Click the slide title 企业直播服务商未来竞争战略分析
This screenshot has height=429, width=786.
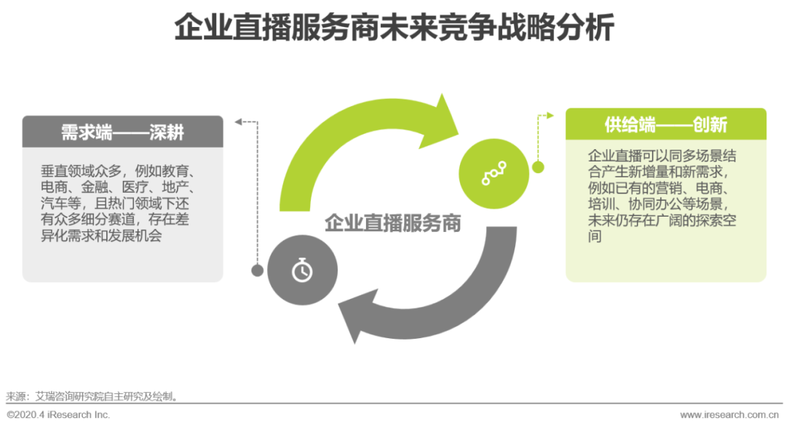tap(393, 29)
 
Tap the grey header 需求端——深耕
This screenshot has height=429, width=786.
tap(122, 132)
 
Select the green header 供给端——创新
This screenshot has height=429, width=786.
tap(665, 124)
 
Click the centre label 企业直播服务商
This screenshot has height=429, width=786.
tap(393, 223)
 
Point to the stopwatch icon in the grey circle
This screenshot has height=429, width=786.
tap(302, 270)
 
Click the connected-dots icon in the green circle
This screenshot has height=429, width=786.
tap(494, 173)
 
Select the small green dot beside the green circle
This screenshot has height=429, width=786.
tap(539, 167)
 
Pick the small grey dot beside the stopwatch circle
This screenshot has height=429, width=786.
tap(257, 270)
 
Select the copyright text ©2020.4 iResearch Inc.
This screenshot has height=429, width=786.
tap(58, 414)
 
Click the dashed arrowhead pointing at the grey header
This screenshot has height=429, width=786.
tap(237, 121)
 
